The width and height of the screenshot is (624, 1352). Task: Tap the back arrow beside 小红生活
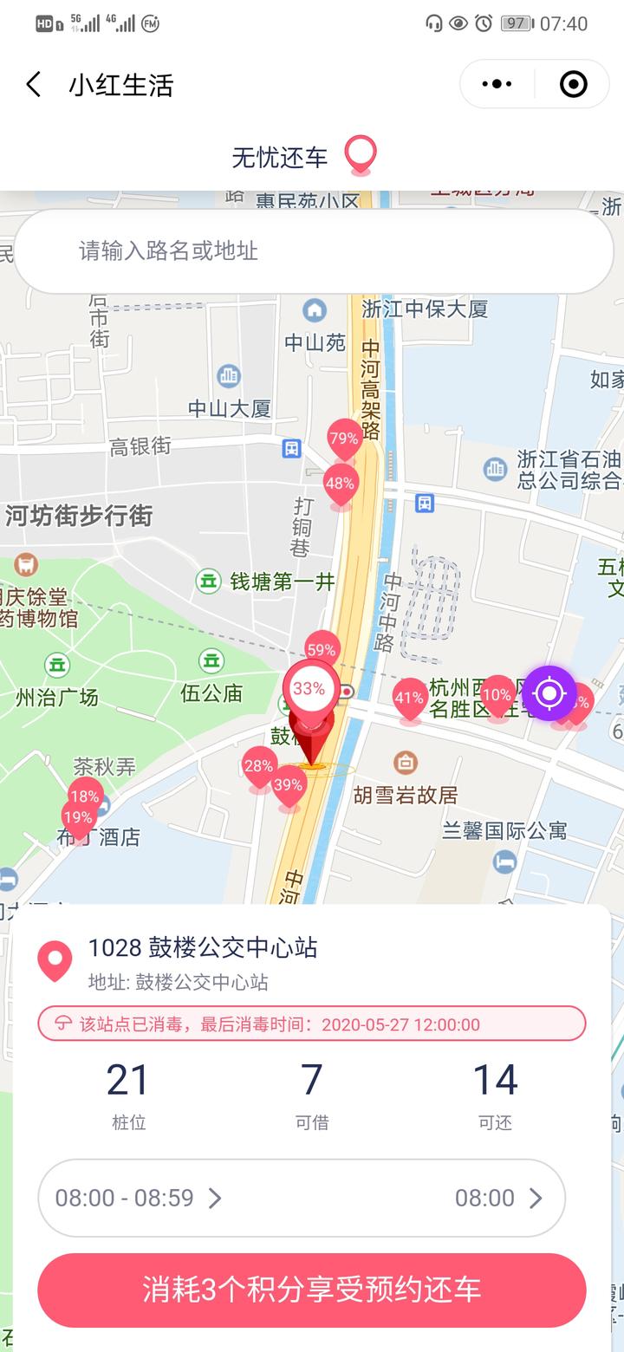coord(34,85)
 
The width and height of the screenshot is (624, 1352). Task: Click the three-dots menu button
coord(497,84)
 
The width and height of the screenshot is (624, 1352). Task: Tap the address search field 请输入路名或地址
coord(313,251)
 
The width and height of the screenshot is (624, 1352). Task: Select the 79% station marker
coord(344,439)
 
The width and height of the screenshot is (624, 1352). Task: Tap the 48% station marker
coord(341,484)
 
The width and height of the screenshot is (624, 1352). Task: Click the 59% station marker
coord(322,650)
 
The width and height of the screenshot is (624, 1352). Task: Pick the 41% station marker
coord(410,698)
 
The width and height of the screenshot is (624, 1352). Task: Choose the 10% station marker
coord(497,695)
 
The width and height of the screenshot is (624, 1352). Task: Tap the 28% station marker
coord(259,766)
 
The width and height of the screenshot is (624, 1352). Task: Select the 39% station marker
coord(289,786)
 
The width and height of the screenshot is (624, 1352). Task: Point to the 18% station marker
coord(85,796)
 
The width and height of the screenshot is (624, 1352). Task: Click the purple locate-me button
coord(549,693)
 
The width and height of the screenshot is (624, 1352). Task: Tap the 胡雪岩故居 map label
coord(405,794)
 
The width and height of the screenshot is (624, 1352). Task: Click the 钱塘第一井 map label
coord(282,582)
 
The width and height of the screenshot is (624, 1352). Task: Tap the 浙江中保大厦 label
coord(425,309)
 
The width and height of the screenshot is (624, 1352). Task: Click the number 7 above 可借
coord(312,1080)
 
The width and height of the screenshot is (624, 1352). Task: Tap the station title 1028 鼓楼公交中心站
coord(203,947)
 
